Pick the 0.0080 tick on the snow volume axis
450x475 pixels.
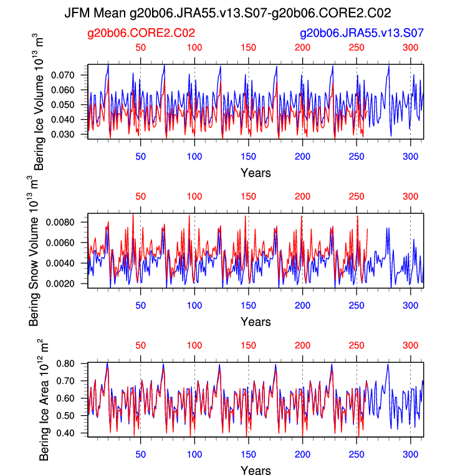(69, 222)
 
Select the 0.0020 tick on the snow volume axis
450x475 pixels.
(69, 283)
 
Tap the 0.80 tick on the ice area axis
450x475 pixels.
(74, 363)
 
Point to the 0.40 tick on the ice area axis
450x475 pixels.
(74, 433)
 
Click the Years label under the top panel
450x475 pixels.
(256, 172)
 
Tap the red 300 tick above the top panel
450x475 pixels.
(410, 47)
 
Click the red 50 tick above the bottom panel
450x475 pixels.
(141, 345)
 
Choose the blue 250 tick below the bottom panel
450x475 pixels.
(357, 454)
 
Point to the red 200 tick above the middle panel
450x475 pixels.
(302, 196)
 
